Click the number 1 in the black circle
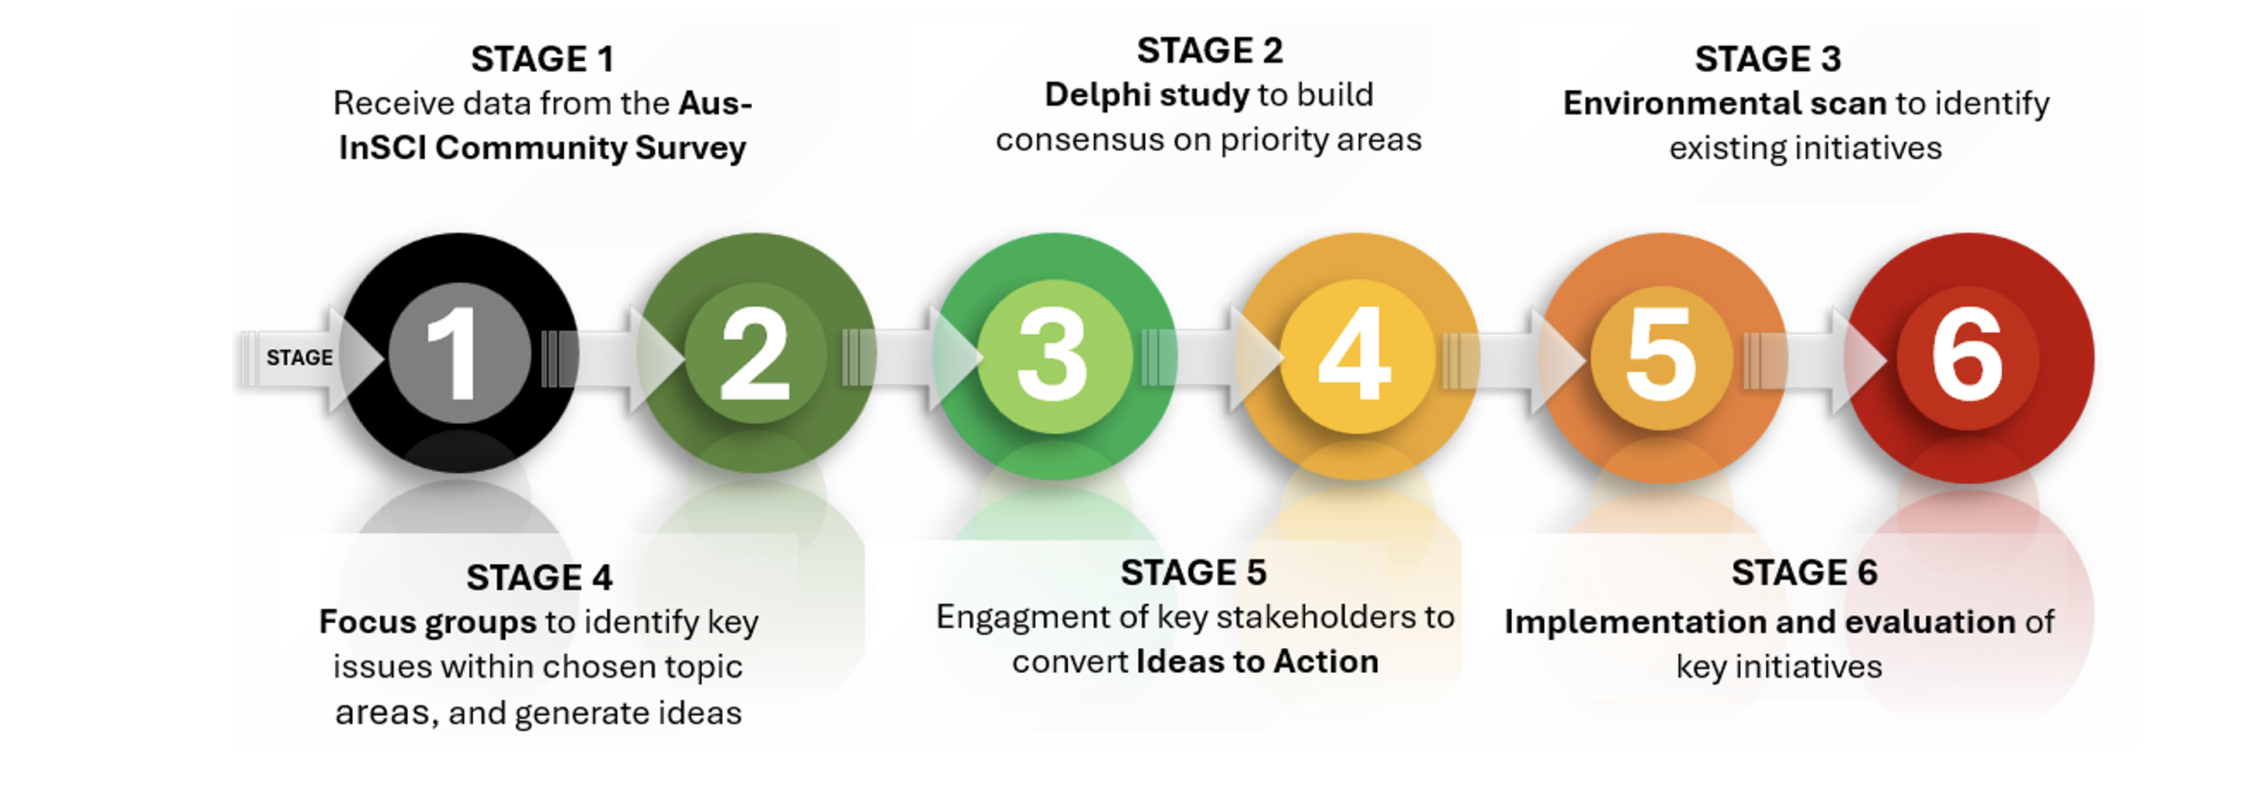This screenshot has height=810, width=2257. coord(454,354)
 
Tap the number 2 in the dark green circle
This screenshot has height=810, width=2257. coord(754,354)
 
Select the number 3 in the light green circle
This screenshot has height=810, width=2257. coord(1053,356)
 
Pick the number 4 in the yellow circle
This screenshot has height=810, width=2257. coord(1354,354)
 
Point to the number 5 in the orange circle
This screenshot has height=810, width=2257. coord(1660,356)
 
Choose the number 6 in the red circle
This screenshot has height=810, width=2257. coord(1967,356)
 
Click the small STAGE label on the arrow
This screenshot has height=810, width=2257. coord(300,357)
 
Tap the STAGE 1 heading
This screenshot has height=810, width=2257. coord(543,60)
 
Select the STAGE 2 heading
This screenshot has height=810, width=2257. coord(1209,51)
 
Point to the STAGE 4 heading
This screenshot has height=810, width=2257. coord(539,578)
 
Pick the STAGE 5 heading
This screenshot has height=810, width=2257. coord(1194,573)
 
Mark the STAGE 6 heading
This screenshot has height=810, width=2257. coord(1804,573)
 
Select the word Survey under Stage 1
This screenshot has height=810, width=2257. coord(690,148)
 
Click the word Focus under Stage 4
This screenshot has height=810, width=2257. coord(366,622)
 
